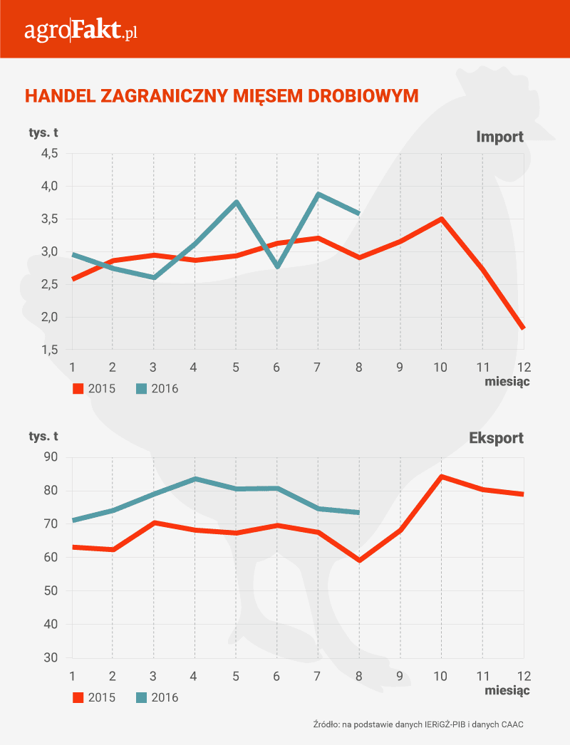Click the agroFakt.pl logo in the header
[x=80, y=31]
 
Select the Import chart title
[x=499, y=137]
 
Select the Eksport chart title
[x=496, y=438]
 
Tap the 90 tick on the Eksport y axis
[x=51, y=457]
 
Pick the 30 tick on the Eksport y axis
[x=51, y=657]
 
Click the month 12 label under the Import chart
[x=523, y=367]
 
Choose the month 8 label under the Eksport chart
[x=359, y=675]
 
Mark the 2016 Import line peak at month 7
[x=318, y=194]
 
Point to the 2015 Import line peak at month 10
[x=442, y=219]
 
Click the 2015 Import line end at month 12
[x=524, y=328]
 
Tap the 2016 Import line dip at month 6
[x=277, y=267]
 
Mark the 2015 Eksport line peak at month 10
[x=442, y=476]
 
